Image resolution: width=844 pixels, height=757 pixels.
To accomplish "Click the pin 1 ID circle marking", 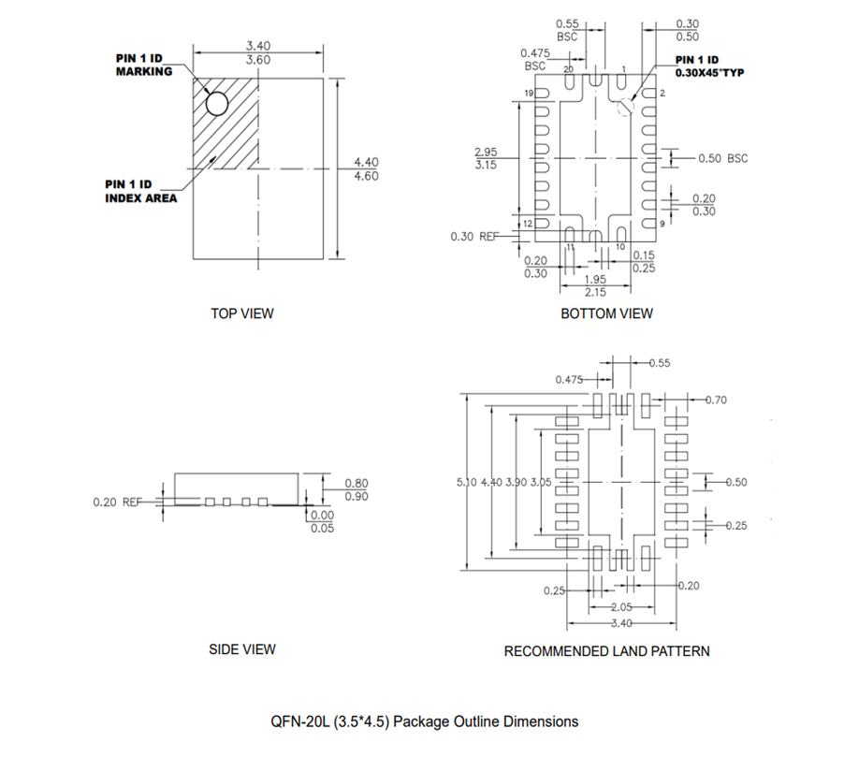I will pos(216,103).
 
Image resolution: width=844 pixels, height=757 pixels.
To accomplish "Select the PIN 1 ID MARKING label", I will pos(143,65).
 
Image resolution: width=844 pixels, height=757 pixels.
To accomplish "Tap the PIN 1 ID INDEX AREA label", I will pos(140,191).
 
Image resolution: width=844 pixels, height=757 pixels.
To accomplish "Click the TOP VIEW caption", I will pos(242,313).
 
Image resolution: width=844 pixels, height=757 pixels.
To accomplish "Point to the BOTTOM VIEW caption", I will pos(606,313).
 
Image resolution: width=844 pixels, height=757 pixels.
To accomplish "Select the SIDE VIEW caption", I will pos(242,648).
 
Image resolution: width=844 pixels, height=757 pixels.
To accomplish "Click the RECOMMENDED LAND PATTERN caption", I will pos(606,650).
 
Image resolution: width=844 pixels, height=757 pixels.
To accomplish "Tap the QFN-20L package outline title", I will pos(424,721).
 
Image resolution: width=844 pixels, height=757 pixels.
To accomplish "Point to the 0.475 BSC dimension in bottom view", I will pos(534,60).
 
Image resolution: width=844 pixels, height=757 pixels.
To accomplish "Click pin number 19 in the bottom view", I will pos(529,95).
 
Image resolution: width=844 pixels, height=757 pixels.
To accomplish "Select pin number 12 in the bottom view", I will pos(528,224).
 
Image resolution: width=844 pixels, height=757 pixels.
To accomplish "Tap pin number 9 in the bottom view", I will pos(662,224).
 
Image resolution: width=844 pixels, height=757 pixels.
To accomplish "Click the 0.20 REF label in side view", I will pos(117,502).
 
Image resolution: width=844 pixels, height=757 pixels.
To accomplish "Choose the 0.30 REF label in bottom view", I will pos(474,237).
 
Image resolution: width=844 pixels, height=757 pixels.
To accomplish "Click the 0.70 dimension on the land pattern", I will pos(717,400).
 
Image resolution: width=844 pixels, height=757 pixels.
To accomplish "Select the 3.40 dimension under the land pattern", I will pos(619,623).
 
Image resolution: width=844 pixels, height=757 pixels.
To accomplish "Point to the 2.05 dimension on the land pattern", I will pos(619,607).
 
